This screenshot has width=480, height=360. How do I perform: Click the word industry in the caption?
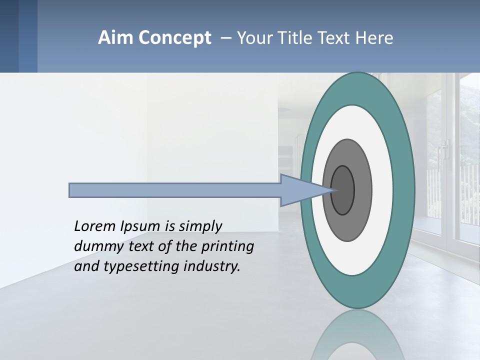click(212, 266)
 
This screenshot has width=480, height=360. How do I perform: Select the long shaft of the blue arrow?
click(175, 190)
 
